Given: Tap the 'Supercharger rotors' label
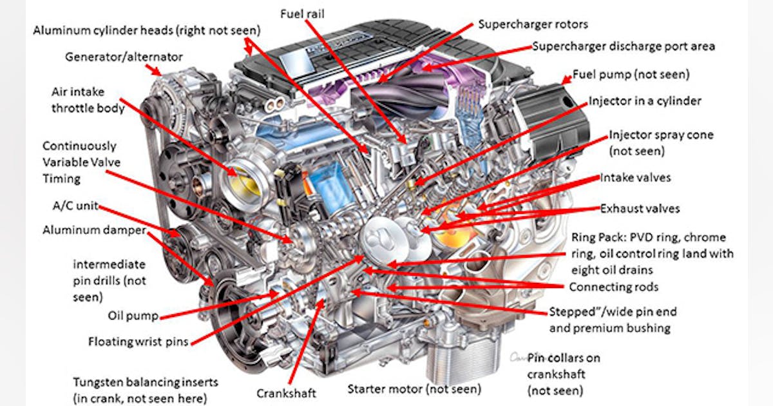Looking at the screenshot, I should click(533, 24).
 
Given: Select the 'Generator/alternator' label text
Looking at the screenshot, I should click(124, 57).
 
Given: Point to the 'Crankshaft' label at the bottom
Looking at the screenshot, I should click(287, 392).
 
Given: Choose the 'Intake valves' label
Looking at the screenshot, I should click(635, 177).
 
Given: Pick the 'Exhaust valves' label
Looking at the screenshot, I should click(640, 209).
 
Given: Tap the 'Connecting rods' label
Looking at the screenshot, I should click(614, 287).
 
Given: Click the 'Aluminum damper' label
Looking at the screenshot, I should click(94, 230).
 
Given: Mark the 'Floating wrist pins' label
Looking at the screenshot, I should click(138, 342).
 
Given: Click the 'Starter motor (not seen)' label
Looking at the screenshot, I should click(414, 389).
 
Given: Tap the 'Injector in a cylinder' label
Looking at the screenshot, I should click(645, 101).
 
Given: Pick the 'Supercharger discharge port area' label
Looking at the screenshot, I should click(623, 46).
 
